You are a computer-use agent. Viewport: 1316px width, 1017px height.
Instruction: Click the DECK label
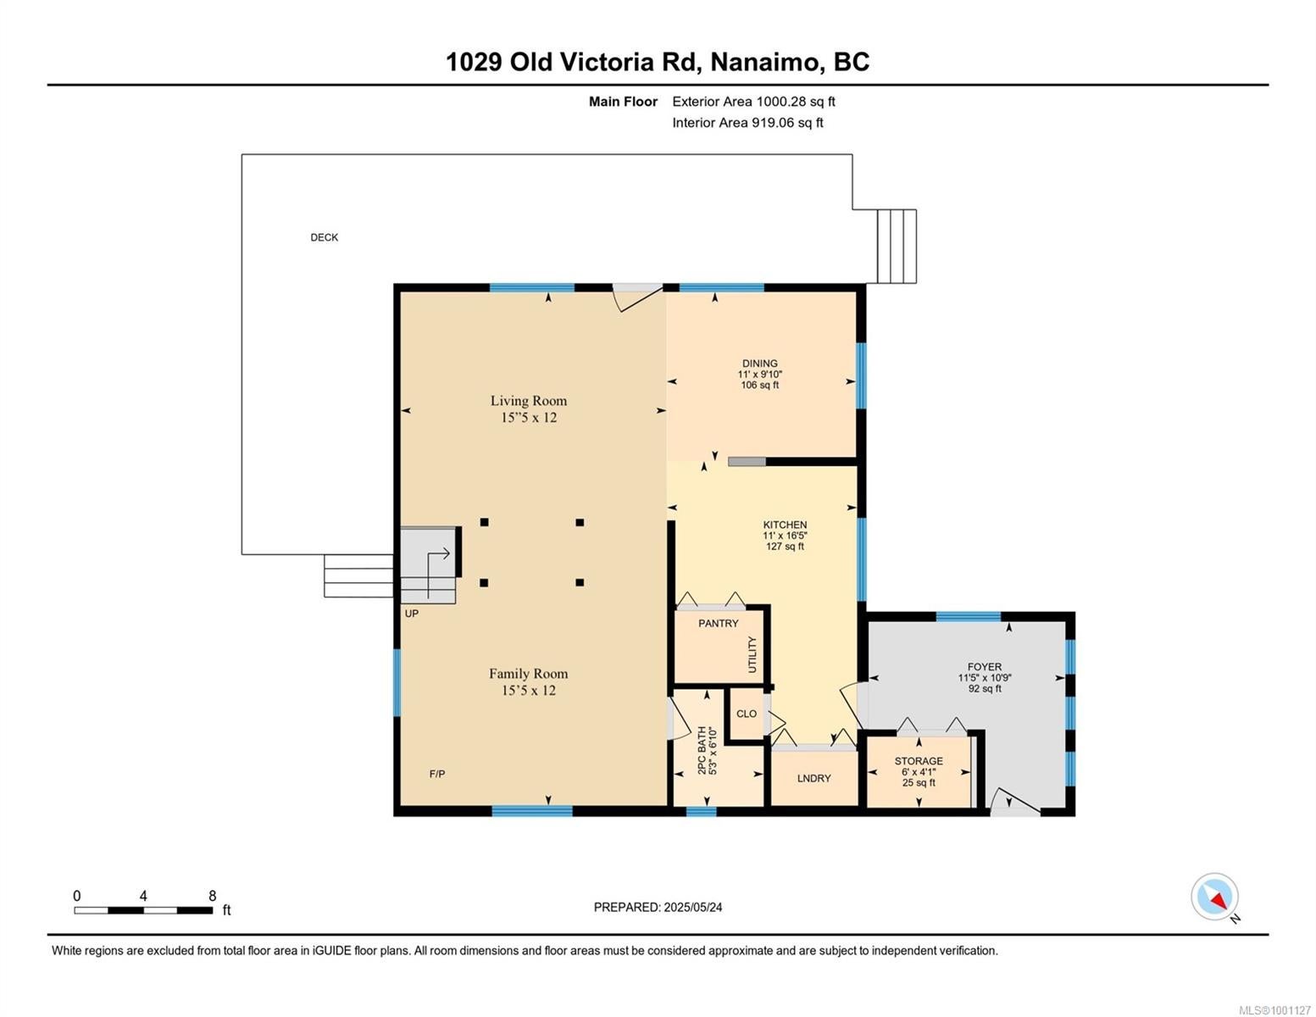pyautogui.click(x=324, y=237)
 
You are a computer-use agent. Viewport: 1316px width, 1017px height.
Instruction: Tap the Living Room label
pyautogui.click(x=529, y=400)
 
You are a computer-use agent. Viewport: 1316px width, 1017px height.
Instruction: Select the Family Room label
pyautogui.click(x=528, y=673)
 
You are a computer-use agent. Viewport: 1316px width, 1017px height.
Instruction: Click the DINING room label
pyautogui.click(x=759, y=364)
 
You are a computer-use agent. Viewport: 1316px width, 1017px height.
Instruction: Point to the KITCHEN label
pyautogui.click(x=785, y=525)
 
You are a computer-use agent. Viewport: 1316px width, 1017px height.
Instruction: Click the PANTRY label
pyautogui.click(x=719, y=623)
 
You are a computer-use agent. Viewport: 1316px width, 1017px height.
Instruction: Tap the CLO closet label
pyautogui.click(x=746, y=714)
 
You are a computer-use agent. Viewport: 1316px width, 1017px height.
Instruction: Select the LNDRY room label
pyautogui.click(x=814, y=778)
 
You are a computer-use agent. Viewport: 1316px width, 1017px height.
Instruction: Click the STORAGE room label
pyautogui.click(x=919, y=761)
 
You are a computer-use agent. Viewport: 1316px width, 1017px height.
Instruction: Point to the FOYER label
pyautogui.click(x=985, y=667)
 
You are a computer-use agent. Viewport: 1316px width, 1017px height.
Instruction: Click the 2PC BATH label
pyautogui.click(x=702, y=751)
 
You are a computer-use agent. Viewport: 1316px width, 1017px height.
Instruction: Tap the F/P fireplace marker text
pyautogui.click(x=437, y=774)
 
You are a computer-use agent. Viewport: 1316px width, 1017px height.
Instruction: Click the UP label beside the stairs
pyautogui.click(x=411, y=614)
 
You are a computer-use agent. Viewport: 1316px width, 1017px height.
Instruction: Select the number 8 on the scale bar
pyautogui.click(x=212, y=895)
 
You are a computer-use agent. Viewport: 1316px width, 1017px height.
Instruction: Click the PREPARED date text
pyautogui.click(x=658, y=908)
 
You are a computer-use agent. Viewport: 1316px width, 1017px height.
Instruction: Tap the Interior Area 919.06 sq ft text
pyautogui.click(x=747, y=122)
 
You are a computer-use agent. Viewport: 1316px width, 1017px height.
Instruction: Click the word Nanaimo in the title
pyautogui.click(x=765, y=63)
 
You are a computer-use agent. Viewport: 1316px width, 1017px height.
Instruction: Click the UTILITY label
pyautogui.click(x=752, y=654)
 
